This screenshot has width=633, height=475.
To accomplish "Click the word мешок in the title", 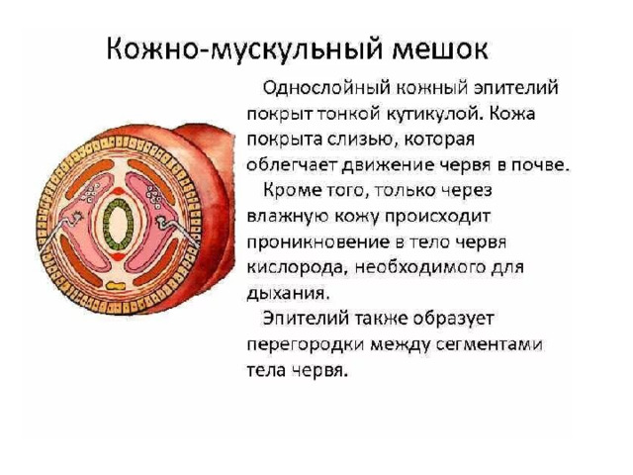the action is point(440,48).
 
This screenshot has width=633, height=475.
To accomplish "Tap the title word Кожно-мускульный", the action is point(244,50).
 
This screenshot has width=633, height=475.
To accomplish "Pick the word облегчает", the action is point(292,165).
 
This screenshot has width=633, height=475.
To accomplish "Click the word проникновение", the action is point(318,242).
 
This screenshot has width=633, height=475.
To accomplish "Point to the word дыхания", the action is point(288,294).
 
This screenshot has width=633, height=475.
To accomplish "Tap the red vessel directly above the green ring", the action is point(119,190).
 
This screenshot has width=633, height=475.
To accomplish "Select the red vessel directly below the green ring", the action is point(119,257).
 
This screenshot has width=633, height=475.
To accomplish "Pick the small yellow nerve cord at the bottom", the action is point(116,286).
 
